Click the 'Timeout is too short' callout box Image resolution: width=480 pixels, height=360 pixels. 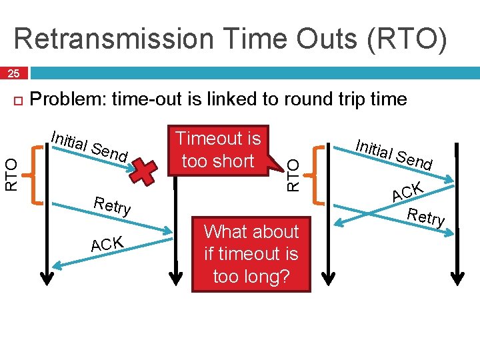click(218, 150)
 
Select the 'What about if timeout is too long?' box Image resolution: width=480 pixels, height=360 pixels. click(251, 254)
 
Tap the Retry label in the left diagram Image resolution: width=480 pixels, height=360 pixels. click(113, 205)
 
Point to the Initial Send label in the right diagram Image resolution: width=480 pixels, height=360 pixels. click(394, 154)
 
